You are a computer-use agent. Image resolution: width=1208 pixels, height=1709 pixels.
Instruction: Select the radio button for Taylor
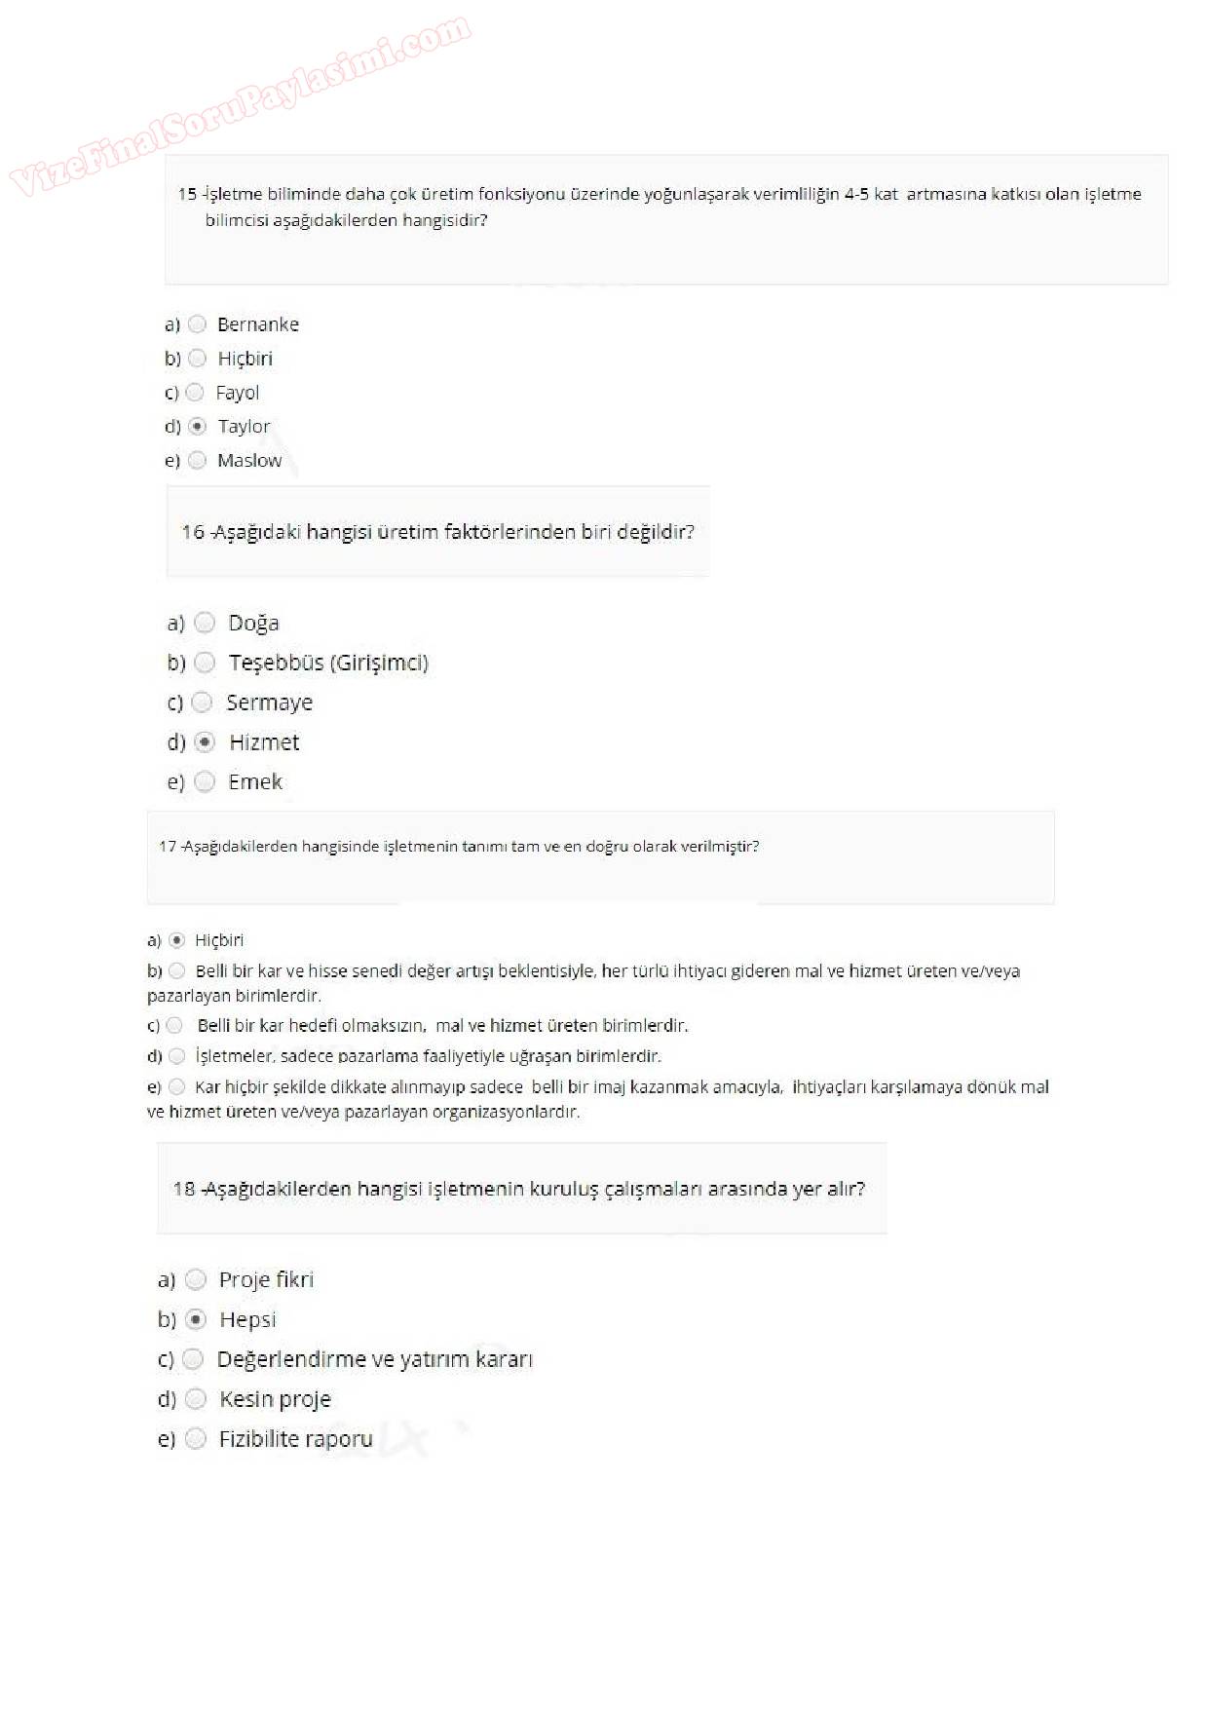point(198,427)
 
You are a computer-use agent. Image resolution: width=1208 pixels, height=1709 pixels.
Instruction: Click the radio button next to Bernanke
point(198,324)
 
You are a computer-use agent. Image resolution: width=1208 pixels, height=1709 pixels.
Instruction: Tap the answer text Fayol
point(237,393)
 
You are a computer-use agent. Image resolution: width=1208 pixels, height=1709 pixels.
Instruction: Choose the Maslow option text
point(249,461)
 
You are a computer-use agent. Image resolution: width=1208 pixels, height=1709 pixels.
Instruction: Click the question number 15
point(187,194)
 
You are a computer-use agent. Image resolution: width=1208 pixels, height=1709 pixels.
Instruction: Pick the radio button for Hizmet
point(205,742)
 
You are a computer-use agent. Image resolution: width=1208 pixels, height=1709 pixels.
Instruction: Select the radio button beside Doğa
point(205,623)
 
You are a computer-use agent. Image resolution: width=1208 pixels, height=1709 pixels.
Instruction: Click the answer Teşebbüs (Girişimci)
point(328,663)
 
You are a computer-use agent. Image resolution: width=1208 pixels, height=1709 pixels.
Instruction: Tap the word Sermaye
point(269,703)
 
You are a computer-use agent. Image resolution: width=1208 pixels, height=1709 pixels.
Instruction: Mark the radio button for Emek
point(205,781)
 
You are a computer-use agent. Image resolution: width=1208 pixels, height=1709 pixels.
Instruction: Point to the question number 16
point(193,532)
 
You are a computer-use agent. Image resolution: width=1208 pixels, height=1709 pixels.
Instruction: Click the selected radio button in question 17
point(177,940)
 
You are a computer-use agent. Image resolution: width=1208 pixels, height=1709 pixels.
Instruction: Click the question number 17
point(168,846)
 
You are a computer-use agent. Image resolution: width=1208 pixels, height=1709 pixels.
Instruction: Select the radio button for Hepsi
point(196,1319)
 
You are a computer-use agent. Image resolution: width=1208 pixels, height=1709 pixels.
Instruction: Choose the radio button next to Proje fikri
point(196,1279)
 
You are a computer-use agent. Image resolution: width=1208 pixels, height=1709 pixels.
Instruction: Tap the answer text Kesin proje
point(275,1399)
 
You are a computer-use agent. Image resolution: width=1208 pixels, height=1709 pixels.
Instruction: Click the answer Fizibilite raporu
point(295,1439)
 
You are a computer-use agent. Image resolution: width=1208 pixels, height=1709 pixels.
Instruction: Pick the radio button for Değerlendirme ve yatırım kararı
point(194,1359)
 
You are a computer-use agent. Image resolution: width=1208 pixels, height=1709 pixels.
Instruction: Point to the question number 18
point(184,1189)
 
